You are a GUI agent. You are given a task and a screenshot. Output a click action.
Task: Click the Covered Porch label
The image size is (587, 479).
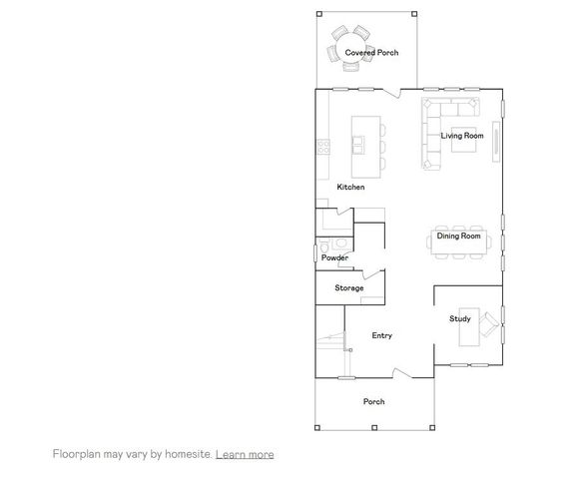pyautogui.click(x=371, y=52)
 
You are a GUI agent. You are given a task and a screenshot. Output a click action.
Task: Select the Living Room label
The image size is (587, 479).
pyautogui.click(x=462, y=135)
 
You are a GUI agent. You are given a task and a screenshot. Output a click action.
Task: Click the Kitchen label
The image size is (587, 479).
pyautogui.click(x=350, y=188)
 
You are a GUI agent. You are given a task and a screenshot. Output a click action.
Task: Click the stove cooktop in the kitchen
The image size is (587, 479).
pyautogui.click(x=323, y=147)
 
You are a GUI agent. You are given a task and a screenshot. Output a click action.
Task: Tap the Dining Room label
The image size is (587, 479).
pyautogui.click(x=459, y=237)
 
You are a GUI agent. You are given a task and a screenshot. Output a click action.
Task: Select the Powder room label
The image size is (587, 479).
pyautogui.click(x=334, y=257)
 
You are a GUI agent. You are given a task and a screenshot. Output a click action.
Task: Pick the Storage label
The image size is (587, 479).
pyautogui.click(x=348, y=288)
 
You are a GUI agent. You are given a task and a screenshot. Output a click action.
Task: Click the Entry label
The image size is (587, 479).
pyautogui.click(x=381, y=336)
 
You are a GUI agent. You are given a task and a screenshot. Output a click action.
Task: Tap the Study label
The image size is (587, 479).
pyautogui.click(x=459, y=319)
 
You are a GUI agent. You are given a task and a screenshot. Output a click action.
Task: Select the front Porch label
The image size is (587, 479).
pyautogui.click(x=373, y=402)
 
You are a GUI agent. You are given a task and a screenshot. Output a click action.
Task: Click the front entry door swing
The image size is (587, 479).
pyautogui.click(x=401, y=373)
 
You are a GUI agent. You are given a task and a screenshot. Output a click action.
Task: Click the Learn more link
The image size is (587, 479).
pyautogui.click(x=245, y=454)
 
